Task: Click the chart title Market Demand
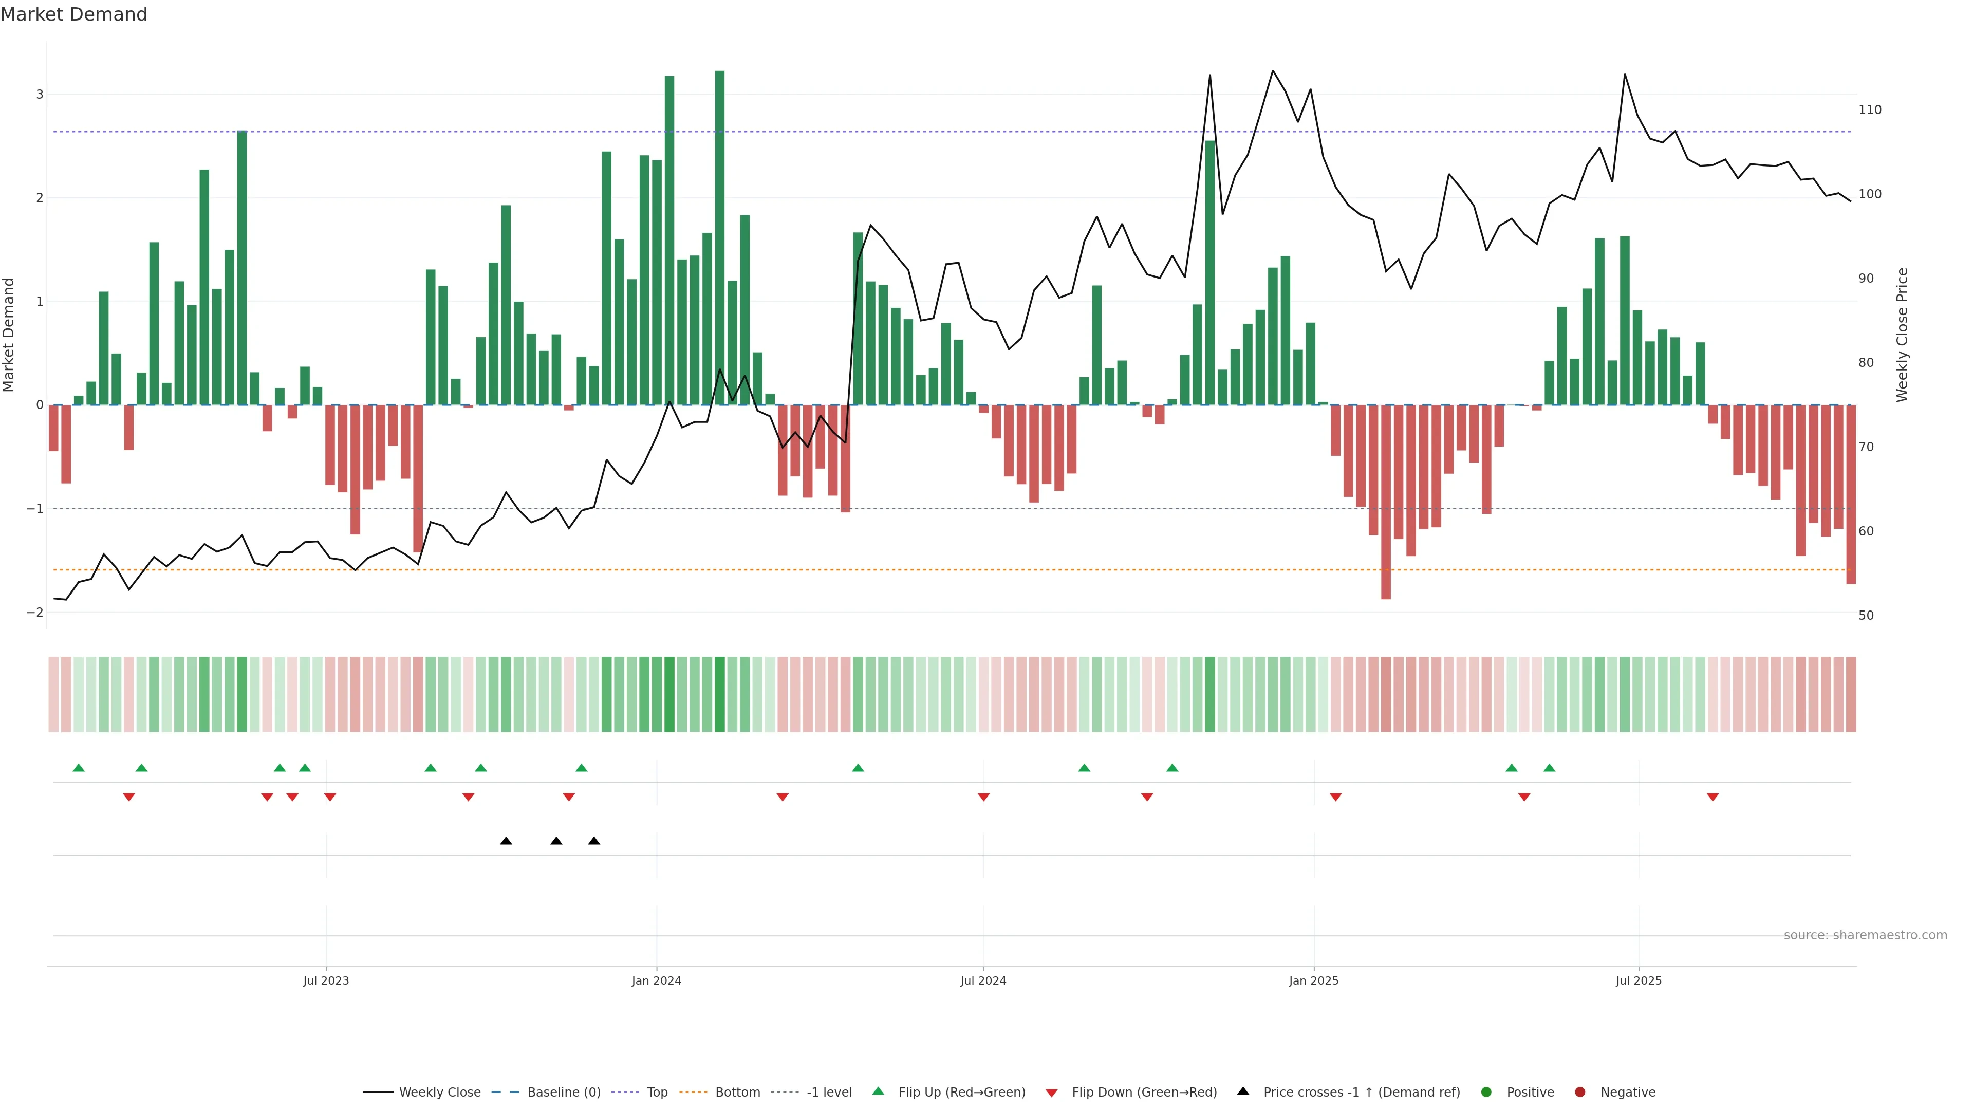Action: pyautogui.click(x=73, y=14)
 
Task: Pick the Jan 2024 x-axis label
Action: pyautogui.click(x=657, y=980)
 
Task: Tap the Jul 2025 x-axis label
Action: pyautogui.click(x=1639, y=980)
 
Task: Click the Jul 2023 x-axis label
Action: pyautogui.click(x=326, y=980)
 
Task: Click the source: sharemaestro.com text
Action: pyautogui.click(x=1865, y=935)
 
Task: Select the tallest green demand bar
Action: pyautogui.click(x=719, y=237)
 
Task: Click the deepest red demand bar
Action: pyautogui.click(x=1386, y=502)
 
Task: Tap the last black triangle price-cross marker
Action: pyautogui.click(x=593, y=841)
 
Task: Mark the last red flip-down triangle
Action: pyautogui.click(x=1713, y=798)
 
